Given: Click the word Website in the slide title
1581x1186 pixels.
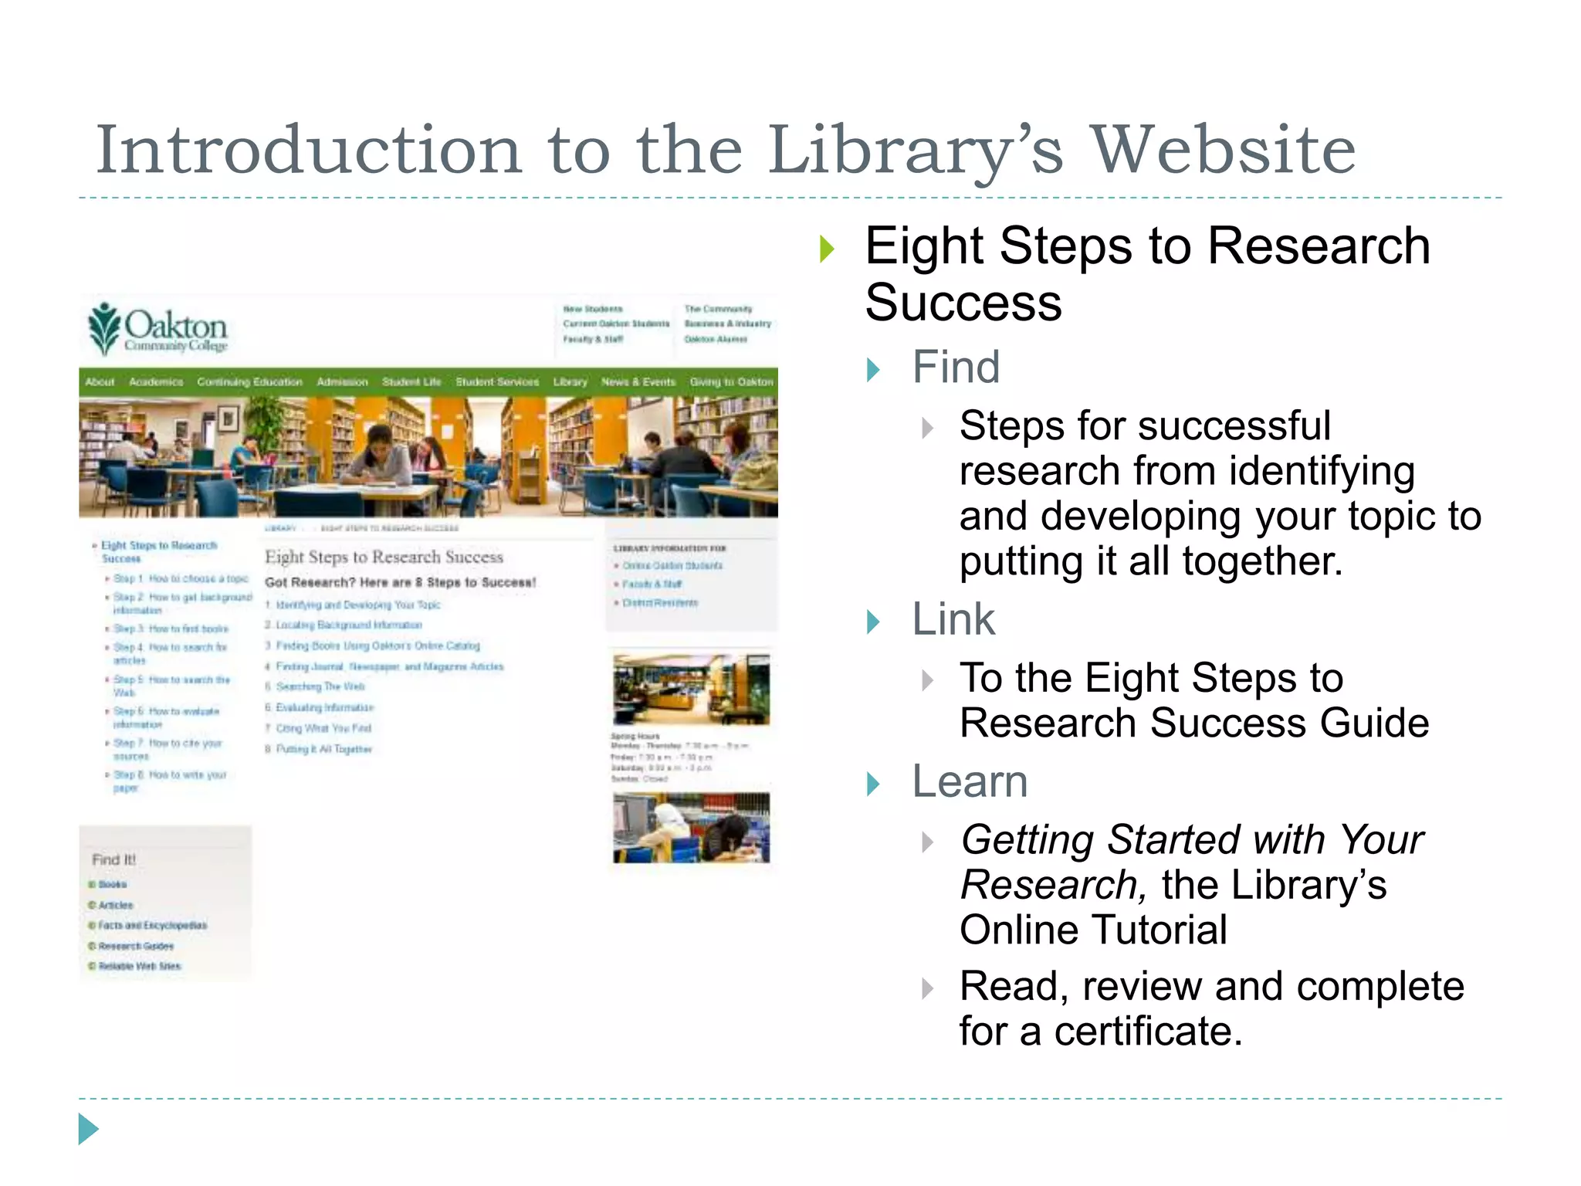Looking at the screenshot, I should pyautogui.click(x=1223, y=151).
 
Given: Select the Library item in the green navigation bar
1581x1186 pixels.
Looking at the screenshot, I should pyautogui.click(x=570, y=382).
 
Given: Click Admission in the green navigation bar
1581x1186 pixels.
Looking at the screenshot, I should pyautogui.click(x=342, y=382).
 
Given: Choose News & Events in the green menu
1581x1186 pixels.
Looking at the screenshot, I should pyautogui.click(x=638, y=382).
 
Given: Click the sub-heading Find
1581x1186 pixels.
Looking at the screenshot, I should pyautogui.click(x=956, y=367).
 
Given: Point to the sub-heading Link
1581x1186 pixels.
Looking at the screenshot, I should pyautogui.click(x=953, y=619).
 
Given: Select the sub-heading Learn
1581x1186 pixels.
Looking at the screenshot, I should pyautogui.click(x=970, y=781).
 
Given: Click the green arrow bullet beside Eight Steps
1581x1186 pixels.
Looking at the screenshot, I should pyautogui.click(x=827, y=249).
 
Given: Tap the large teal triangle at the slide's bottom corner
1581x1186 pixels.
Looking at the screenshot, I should pyautogui.click(x=88, y=1129).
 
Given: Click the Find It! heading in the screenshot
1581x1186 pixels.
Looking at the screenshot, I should pyautogui.click(x=113, y=859).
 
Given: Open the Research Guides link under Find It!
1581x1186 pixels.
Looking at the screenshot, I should pyautogui.click(x=136, y=946).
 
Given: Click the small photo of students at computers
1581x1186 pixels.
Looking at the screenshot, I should pyautogui.click(x=691, y=828).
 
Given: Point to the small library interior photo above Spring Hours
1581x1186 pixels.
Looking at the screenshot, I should pyautogui.click(x=691, y=690).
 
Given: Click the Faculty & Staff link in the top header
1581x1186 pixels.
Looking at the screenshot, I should pyautogui.click(x=592, y=339).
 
